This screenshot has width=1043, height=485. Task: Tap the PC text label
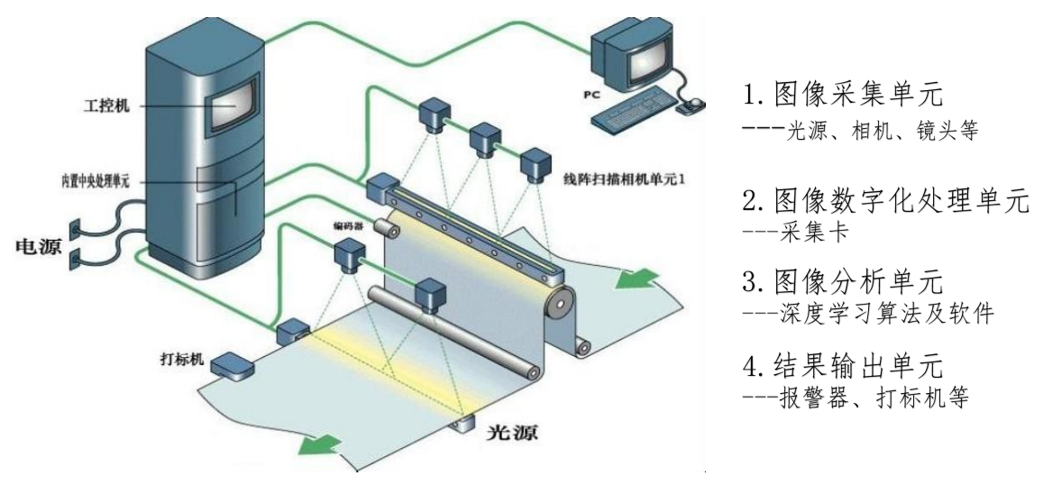click(x=589, y=93)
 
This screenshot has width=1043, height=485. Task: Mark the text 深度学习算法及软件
click(x=866, y=312)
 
